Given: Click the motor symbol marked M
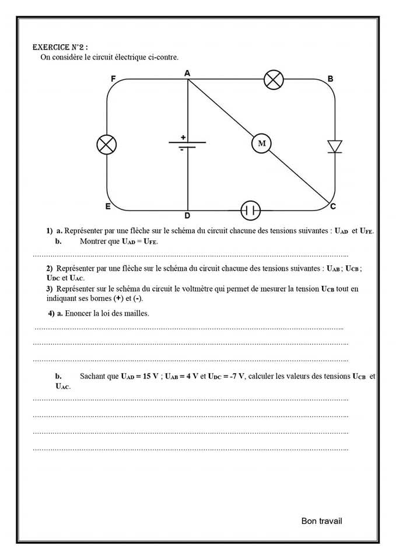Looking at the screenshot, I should tap(261, 143).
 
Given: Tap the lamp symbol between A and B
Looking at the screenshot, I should tap(274, 79).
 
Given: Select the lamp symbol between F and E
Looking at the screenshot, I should tap(106, 145).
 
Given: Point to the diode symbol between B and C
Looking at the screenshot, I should tap(335, 146).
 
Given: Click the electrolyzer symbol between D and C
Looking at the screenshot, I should tap(251, 209).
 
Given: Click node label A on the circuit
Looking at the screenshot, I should tap(187, 73).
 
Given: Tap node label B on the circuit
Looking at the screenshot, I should tap(330, 79).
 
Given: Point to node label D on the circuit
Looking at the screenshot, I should tap(187, 216).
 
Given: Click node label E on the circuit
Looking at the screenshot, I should tap(108, 206).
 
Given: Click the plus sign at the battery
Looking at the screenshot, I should tap(183, 137).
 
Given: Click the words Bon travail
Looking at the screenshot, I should tap(322, 520).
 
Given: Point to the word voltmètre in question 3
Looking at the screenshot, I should tap(175, 289).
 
